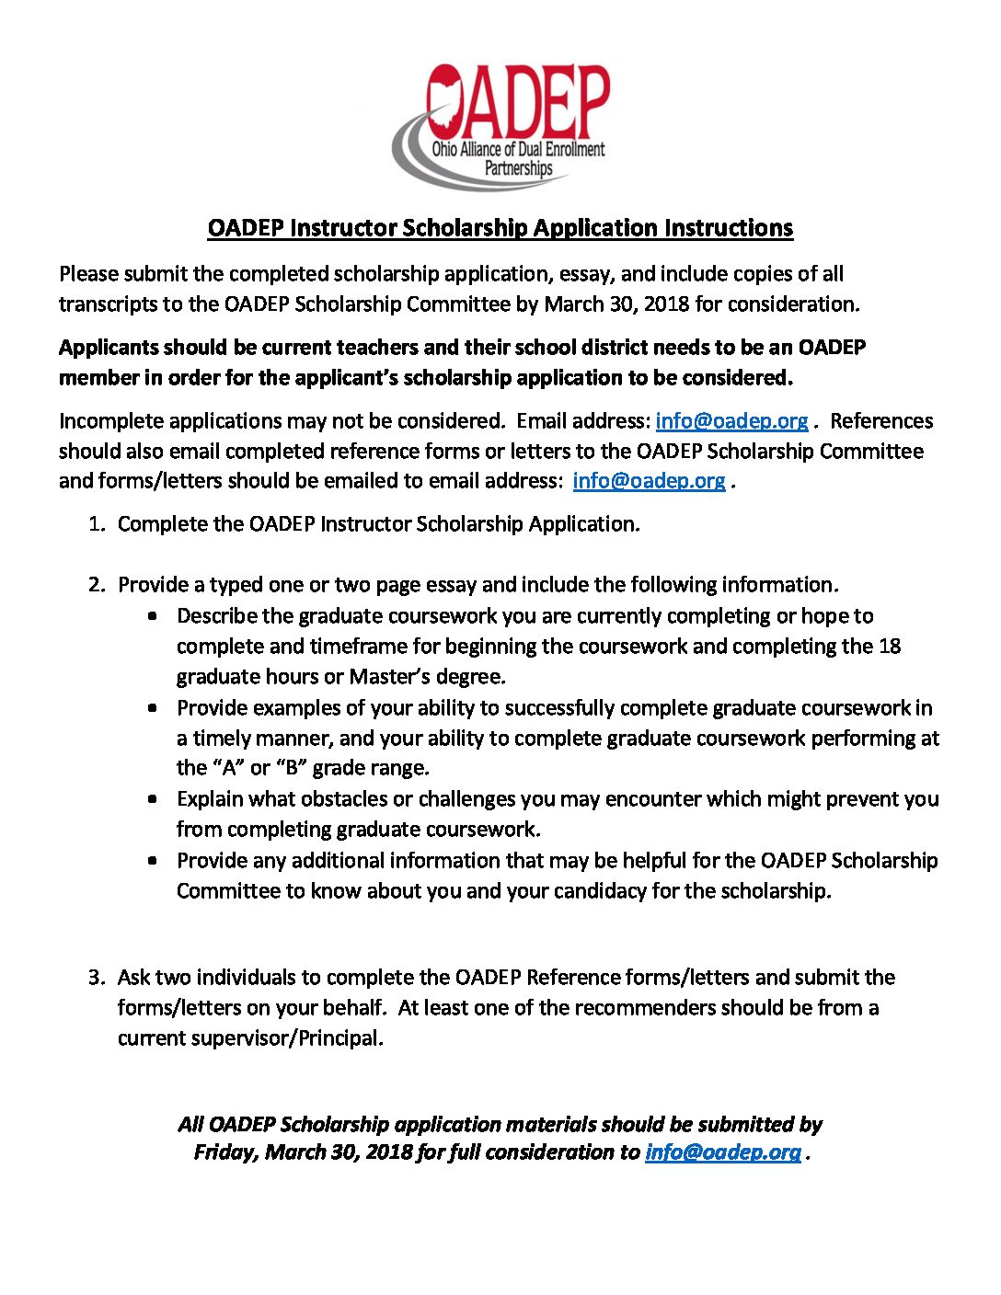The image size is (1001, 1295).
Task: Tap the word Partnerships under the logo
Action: point(519,168)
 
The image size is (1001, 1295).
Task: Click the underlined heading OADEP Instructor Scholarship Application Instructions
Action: point(500,228)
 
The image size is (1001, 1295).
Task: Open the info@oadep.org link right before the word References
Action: point(731,420)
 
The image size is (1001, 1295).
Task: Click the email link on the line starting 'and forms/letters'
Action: point(649,480)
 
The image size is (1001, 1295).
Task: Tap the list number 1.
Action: point(95,524)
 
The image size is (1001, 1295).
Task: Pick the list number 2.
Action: point(95,585)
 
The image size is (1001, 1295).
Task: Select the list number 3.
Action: point(95,977)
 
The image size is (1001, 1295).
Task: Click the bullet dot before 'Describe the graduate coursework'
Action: point(153,615)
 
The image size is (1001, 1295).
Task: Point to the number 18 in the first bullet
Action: point(889,646)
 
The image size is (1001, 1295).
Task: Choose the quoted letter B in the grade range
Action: point(292,767)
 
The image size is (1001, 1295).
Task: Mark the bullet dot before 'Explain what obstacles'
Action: point(153,798)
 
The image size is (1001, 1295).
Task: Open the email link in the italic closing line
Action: point(722,1152)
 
